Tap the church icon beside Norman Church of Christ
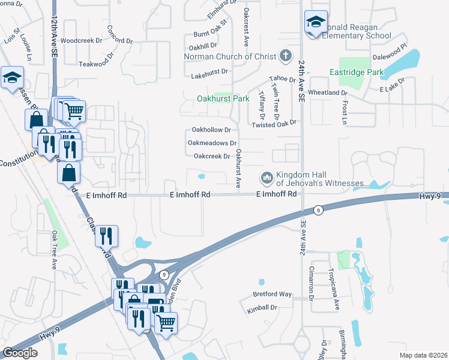[286, 56]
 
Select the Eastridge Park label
[356, 72]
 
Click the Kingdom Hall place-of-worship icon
[267, 178]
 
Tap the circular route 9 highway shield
[318, 209]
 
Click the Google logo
[20, 353]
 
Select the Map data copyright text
[424, 355]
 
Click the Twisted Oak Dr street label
[274, 123]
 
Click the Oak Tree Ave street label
[53, 249]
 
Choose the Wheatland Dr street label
[328, 93]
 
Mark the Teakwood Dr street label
[96, 63]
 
